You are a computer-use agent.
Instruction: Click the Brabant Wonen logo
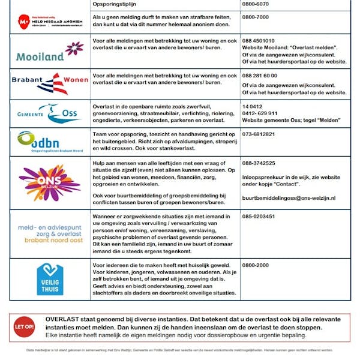[49, 84]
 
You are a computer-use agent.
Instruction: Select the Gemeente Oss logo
[49, 114]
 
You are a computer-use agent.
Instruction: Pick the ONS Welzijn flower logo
[49, 182]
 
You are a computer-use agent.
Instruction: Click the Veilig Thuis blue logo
[50, 279]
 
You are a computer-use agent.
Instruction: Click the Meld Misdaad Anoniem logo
[49, 22]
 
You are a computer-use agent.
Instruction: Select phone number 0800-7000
[255, 17]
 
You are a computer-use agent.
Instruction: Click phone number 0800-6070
[255, 4]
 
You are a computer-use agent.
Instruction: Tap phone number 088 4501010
[260, 41]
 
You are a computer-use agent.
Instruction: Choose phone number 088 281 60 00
[260, 76]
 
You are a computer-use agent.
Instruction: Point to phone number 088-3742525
[259, 163]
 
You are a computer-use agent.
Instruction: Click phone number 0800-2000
[255, 265]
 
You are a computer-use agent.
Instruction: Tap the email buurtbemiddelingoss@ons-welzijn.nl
[289, 198]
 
